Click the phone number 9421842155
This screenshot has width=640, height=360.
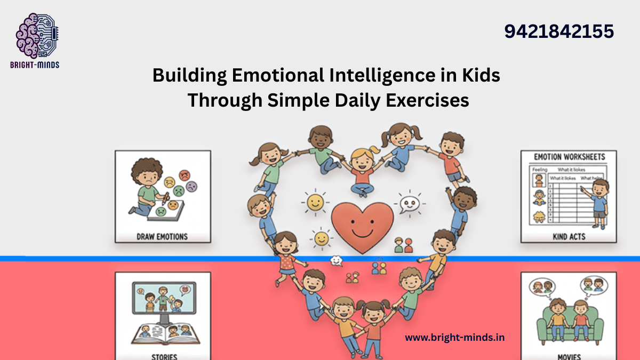tap(559, 32)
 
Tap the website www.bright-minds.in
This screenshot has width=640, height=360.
tap(455, 337)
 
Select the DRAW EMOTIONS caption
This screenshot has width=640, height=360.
tap(163, 236)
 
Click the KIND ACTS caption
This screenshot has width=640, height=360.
tap(568, 236)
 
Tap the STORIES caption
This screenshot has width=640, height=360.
tap(163, 356)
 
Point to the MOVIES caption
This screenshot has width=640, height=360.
tap(568, 356)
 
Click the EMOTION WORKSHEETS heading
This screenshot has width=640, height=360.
tap(569, 157)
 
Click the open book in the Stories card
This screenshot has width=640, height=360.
tap(162, 333)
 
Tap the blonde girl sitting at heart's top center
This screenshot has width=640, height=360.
tap(362, 171)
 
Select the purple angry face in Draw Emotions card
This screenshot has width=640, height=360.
tap(191, 186)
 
